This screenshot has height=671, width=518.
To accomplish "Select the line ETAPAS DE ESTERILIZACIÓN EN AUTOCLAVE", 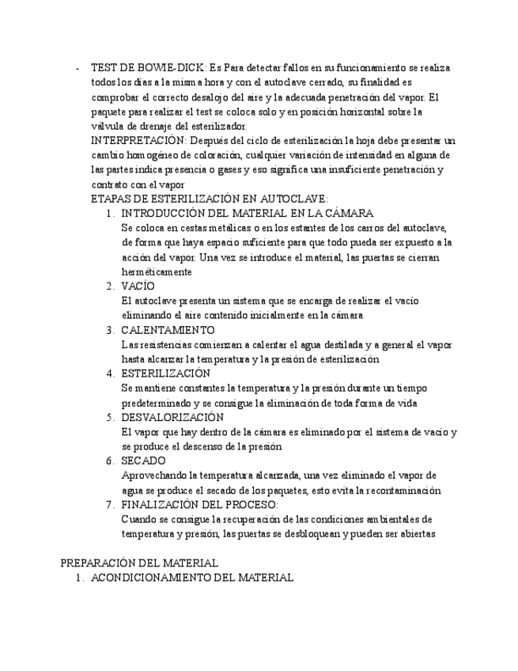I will (x=210, y=199).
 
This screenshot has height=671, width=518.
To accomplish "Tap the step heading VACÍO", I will (x=138, y=286).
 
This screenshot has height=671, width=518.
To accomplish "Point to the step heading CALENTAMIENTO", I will (x=168, y=330).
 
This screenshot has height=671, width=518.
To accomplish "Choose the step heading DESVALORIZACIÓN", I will (x=172, y=417).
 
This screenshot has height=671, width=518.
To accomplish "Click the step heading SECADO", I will (x=143, y=461).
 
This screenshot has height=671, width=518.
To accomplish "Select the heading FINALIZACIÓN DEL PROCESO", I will (x=199, y=504).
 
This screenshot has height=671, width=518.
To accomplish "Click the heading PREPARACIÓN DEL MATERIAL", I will (x=139, y=563).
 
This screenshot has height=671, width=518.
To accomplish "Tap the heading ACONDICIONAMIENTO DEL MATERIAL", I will (x=192, y=578).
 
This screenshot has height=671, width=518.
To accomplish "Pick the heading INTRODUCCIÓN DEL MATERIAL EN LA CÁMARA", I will (x=247, y=214).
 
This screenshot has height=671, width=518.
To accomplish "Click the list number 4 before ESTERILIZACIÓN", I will (x=110, y=373).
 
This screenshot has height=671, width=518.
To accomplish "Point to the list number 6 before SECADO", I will (x=110, y=461).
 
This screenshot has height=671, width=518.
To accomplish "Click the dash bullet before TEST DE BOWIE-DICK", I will (x=77, y=68).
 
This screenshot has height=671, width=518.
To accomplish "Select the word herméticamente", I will (x=157, y=271).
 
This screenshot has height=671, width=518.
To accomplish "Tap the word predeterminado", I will (x=153, y=403).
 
